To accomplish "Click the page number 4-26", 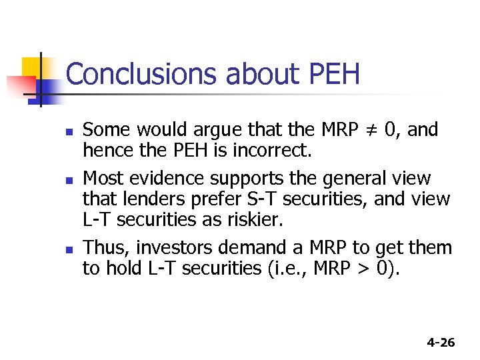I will (x=441, y=343).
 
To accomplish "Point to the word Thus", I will (x=106, y=249).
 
